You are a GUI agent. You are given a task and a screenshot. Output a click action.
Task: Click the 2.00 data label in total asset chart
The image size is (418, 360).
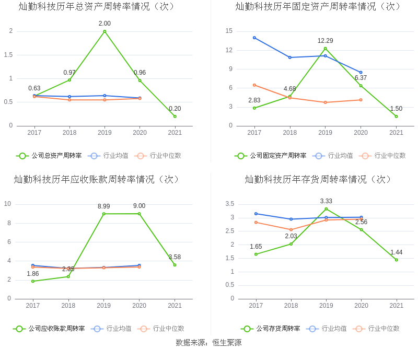coord(104,24)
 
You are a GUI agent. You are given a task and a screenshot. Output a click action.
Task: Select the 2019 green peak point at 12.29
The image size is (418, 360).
coord(326,49)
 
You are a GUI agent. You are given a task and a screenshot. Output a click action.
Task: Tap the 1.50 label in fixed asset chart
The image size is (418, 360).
coord(396,109)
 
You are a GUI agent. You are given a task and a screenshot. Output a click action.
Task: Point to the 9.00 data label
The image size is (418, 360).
coord(139,206)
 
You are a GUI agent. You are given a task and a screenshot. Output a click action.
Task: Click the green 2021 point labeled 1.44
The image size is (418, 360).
coord(397,260)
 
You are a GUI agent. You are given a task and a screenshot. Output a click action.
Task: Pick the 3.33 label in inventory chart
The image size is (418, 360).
coord(326,201)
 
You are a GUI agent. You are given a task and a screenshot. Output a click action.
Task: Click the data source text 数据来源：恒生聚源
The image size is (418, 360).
coord(208,343)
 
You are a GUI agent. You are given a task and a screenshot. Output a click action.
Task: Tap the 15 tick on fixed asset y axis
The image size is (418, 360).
coord(229,31)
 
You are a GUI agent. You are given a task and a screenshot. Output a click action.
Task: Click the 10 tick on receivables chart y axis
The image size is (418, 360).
coord(8,204)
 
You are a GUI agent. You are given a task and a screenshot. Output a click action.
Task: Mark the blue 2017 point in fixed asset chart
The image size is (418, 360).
coord(254,38)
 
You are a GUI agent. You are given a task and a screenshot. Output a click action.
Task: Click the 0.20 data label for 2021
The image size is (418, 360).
coord(175,109)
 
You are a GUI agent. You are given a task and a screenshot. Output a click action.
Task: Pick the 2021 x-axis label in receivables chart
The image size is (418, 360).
coord(175,305)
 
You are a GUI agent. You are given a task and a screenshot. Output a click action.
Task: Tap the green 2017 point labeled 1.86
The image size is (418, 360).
coord(33,281)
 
